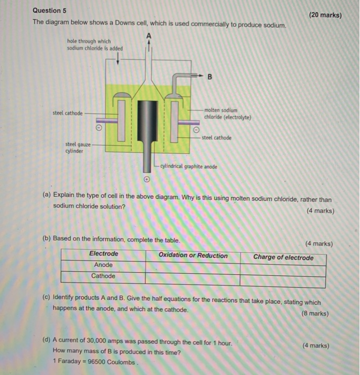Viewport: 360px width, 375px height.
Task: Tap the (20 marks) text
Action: click(x=325, y=15)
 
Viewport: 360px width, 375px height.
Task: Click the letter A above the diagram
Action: click(x=149, y=36)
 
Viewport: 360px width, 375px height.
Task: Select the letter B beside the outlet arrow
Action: click(x=210, y=77)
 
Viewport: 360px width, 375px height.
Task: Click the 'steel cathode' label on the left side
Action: click(x=67, y=113)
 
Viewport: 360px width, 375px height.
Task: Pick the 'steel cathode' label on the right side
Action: click(x=216, y=138)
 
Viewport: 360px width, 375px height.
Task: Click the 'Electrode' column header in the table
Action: click(x=103, y=254)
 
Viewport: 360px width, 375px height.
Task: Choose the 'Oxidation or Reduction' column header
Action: click(x=193, y=256)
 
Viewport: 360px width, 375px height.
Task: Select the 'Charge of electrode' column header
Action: click(x=283, y=257)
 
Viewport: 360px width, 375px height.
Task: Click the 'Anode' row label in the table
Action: click(x=103, y=265)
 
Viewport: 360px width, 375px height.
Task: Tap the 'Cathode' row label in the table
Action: click(x=103, y=276)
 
